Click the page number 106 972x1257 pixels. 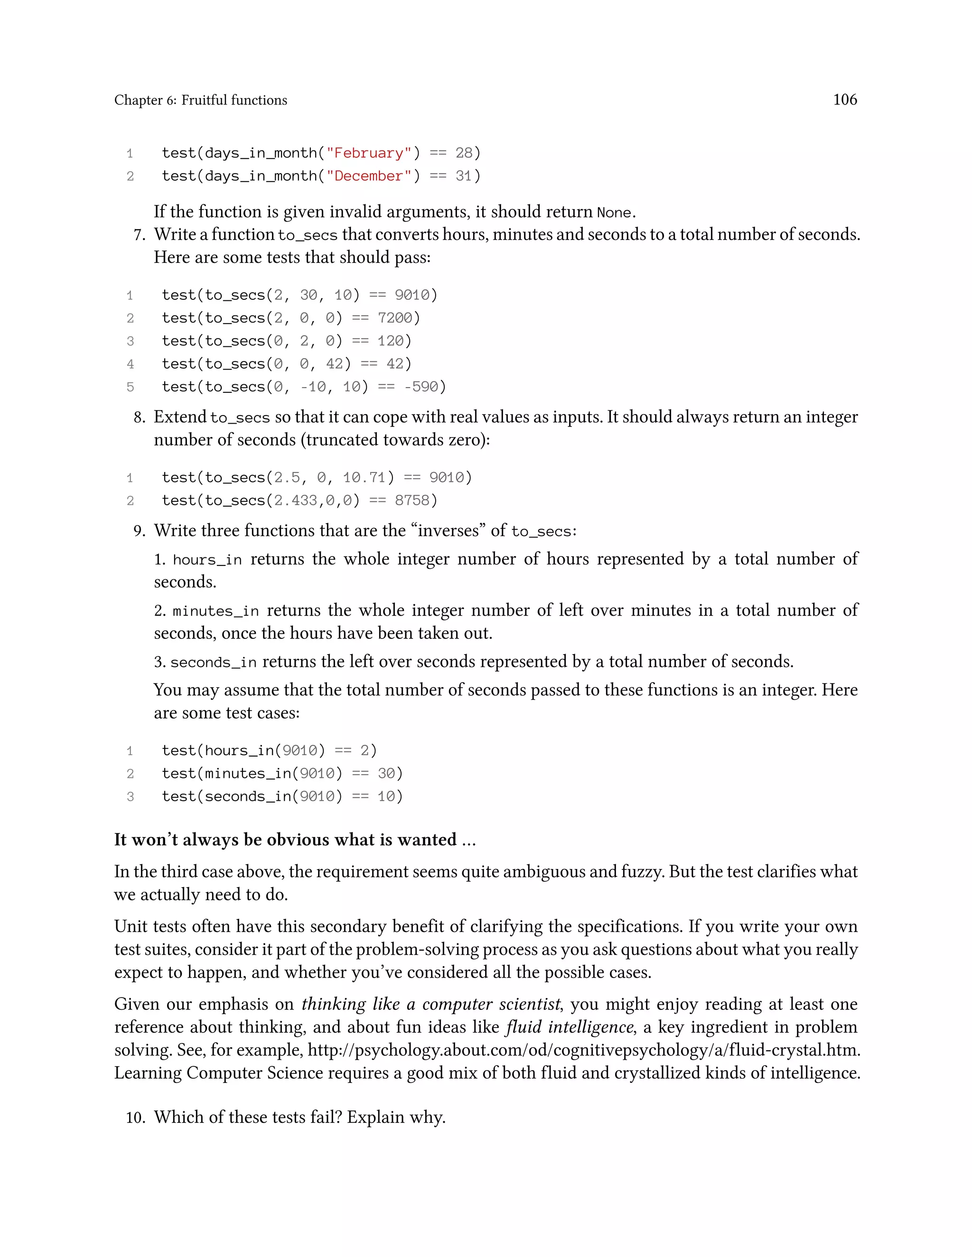845,100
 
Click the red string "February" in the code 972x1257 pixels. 368,153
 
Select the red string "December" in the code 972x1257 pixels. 368,176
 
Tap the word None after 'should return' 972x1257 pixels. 614,213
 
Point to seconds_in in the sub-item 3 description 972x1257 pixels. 213,663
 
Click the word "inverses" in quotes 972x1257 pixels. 449,530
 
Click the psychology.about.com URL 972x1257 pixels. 583,1050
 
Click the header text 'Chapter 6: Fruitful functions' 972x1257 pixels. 200,100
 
